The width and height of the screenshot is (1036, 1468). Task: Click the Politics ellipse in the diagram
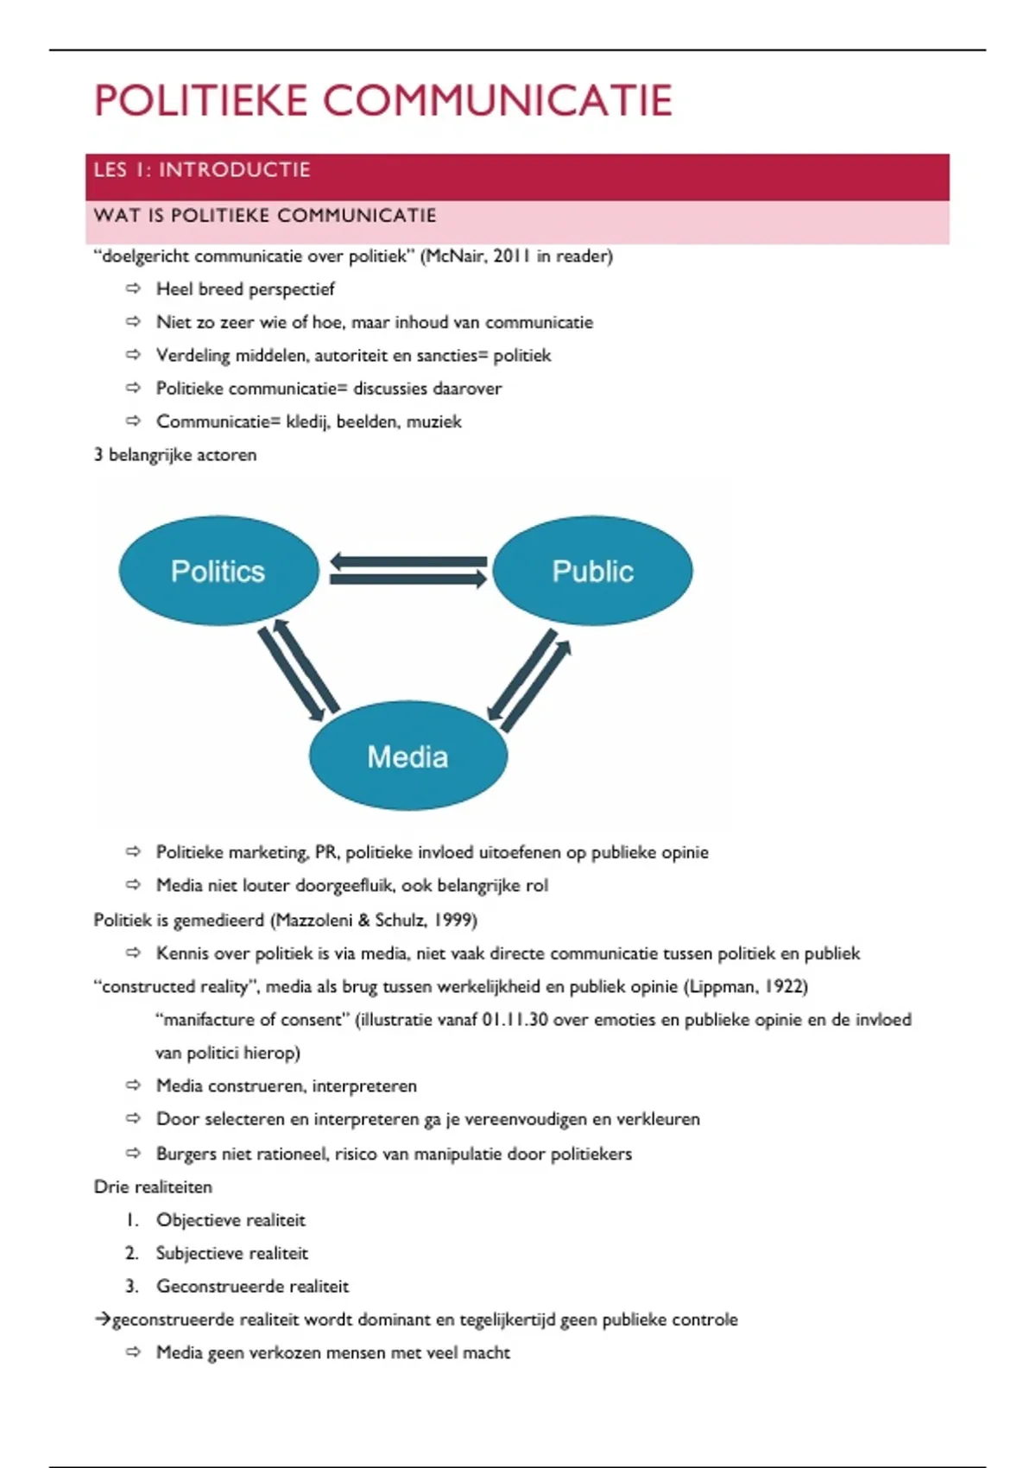point(218,571)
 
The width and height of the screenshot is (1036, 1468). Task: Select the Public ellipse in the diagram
point(592,571)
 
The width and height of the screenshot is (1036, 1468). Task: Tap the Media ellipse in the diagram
point(407,756)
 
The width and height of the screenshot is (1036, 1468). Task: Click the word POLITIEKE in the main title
point(201,101)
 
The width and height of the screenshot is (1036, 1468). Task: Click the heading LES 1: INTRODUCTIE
point(202,170)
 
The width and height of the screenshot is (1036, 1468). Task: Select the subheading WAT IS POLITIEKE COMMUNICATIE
point(265,215)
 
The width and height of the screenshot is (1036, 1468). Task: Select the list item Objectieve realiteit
point(231,1220)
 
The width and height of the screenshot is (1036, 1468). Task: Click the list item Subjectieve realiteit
point(231,1253)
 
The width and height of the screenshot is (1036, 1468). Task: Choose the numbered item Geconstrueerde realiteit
point(252,1287)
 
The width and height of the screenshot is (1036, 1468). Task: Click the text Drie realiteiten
point(153,1187)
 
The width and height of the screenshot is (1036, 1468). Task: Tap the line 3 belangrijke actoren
point(175,455)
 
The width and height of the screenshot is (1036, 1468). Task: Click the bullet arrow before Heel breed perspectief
point(133,288)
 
